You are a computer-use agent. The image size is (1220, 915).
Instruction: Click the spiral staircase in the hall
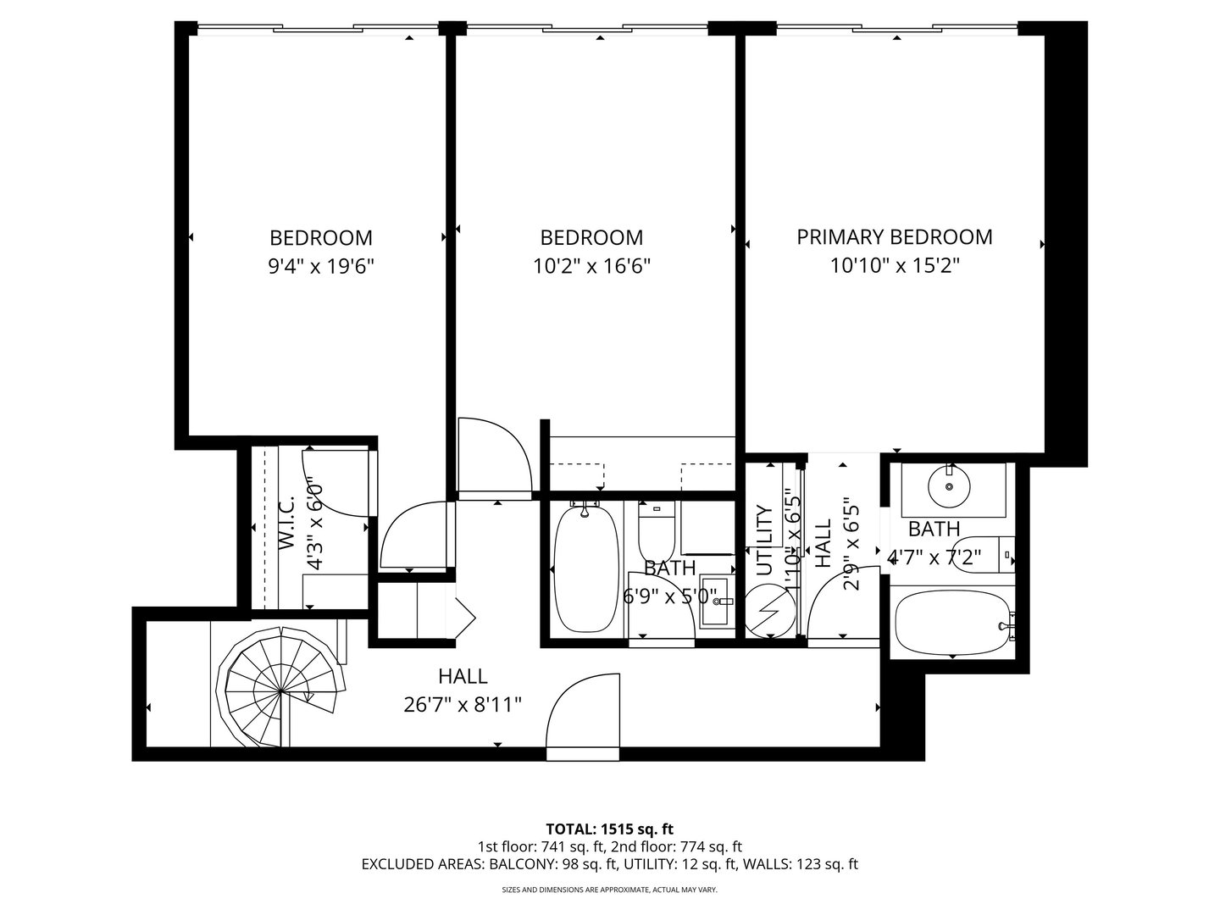(281, 690)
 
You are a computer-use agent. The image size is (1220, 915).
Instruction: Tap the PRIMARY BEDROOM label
(894, 237)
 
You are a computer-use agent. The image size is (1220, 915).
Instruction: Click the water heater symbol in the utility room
(771, 610)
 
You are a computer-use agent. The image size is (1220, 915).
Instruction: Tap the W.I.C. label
(286, 525)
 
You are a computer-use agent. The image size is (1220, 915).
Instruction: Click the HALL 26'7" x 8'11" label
(463, 690)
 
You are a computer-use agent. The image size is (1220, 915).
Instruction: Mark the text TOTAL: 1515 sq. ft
(609, 829)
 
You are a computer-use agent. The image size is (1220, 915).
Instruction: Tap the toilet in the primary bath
(987, 555)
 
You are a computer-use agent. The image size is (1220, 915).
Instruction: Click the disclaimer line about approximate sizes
(609, 890)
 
